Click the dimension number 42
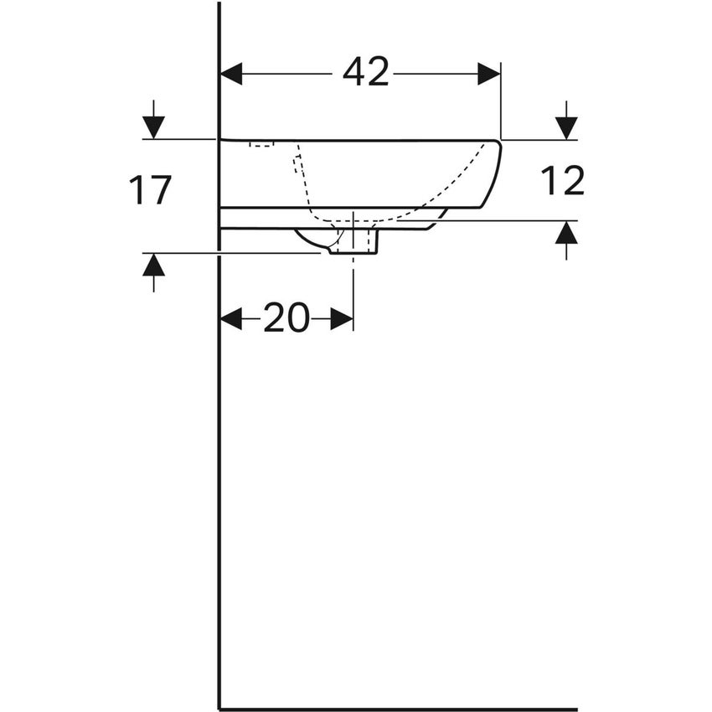[x=365, y=72]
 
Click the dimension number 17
[x=150, y=190]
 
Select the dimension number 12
[x=563, y=180]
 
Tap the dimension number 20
[x=286, y=317]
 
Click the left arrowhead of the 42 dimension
[x=231, y=74]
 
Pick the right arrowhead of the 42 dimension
[x=489, y=74]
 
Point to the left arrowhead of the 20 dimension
[x=231, y=319]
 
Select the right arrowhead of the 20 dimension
[x=342, y=319]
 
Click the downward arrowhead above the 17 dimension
[x=153, y=127]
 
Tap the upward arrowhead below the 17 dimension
[x=153, y=265]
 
